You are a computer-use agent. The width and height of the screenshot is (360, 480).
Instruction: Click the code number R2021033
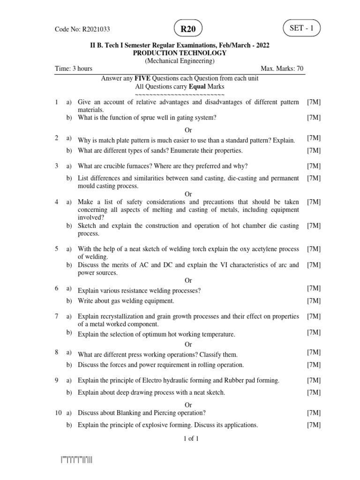[x=96, y=29]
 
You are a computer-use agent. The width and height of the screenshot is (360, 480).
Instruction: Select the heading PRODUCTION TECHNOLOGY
[x=180, y=53]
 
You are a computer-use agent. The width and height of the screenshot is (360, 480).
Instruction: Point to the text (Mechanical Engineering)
[x=180, y=61]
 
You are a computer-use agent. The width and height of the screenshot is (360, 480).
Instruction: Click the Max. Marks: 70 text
[x=282, y=68]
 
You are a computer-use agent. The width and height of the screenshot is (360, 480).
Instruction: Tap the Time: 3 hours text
[x=74, y=68]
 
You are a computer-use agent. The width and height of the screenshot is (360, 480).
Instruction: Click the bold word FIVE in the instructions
[x=142, y=79]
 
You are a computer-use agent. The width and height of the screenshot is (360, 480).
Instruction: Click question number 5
[x=57, y=249]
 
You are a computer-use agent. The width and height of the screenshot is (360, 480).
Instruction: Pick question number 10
[x=58, y=412]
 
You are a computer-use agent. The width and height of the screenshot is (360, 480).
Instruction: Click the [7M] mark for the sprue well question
[x=314, y=118]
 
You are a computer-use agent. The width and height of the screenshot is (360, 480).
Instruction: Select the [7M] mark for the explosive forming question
[x=314, y=425]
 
